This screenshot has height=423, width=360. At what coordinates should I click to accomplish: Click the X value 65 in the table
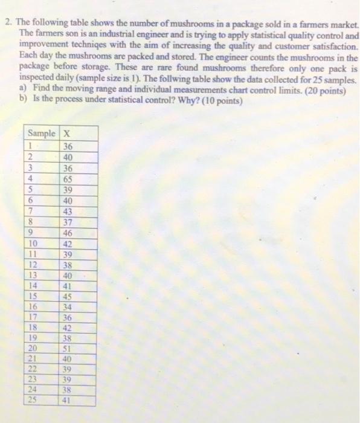click(x=68, y=179)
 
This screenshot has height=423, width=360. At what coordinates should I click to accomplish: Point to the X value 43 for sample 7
click(x=68, y=211)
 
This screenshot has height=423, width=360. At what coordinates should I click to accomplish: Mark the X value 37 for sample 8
click(x=68, y=221)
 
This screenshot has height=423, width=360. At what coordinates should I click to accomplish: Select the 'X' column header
click(x=67, y=134)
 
